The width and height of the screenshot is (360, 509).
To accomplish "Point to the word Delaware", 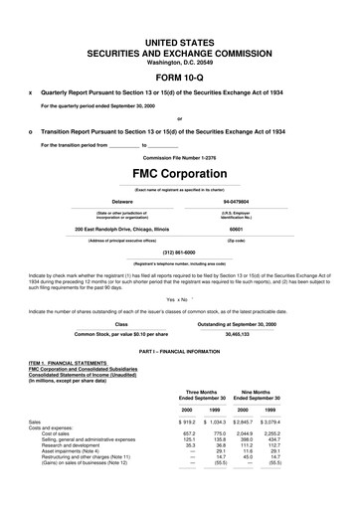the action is (x=122, y=200).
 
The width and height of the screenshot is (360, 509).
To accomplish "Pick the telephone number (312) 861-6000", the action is (x=180, y=251).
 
